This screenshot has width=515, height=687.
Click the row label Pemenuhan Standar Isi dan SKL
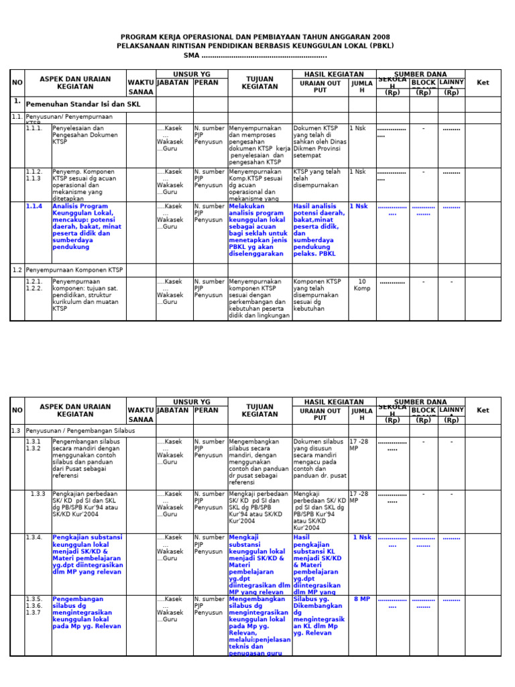pos(82,105)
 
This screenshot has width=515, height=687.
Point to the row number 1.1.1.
pos(34,128)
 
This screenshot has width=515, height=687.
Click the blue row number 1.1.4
pos(34,207)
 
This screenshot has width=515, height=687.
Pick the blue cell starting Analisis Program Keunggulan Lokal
pos(87,227)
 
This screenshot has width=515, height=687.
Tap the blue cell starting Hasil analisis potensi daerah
pos(319,230)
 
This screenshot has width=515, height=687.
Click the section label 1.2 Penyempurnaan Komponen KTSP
pos(68,270)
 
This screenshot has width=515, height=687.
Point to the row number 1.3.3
pos(38,493)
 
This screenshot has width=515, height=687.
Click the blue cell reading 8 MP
pos(362,599)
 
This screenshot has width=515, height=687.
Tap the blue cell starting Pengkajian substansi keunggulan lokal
pos(87,554)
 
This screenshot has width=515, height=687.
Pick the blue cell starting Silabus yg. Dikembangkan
pos(319,616)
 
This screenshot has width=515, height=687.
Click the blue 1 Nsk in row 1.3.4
pos(362,537)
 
